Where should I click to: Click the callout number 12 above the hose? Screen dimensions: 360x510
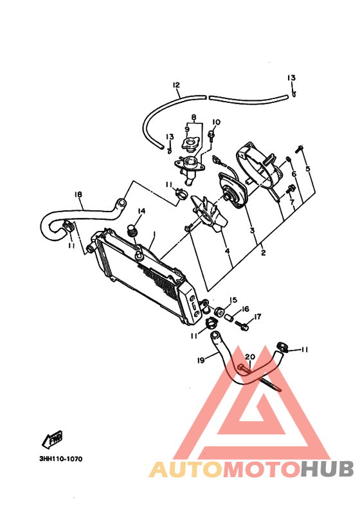[176, 85]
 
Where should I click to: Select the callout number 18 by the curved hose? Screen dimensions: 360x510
[78, 194]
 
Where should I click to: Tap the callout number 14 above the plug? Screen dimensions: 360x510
[141, 211]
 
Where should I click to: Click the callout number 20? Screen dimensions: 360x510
[250, 357]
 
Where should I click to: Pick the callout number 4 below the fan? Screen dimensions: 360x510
[227, 251]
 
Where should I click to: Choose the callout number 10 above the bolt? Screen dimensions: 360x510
[216, 122]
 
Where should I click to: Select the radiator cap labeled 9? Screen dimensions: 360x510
[189, 145]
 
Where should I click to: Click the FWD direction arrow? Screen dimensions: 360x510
[51, 441]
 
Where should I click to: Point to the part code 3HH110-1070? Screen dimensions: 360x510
[61, 459]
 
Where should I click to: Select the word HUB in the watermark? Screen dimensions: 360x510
[327, 469]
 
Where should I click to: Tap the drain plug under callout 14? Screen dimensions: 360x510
[132, 231]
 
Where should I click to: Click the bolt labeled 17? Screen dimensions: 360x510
[241, 325]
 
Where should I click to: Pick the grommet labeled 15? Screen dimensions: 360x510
[219, 311]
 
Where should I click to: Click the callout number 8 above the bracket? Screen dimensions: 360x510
[194, 116]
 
